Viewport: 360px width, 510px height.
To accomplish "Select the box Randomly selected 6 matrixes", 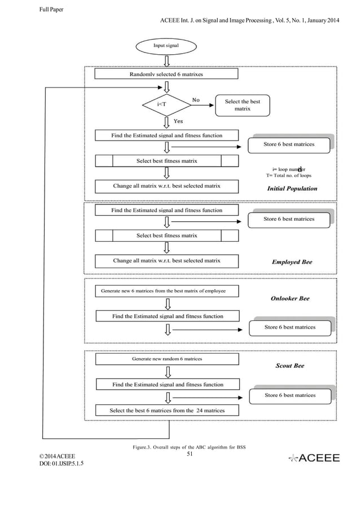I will pos(166,74).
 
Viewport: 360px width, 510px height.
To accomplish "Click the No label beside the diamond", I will pos(195,100).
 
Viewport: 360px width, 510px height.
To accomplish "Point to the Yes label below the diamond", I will pos(178,121).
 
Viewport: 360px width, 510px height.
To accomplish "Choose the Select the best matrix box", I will pos(242,105).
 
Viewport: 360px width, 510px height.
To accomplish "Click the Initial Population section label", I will pos(292,189).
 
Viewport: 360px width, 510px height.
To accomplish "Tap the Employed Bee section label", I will pos(292,262).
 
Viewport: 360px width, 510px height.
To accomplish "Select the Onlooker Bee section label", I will pos(290,298).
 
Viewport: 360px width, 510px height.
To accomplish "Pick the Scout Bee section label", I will pos(289,365).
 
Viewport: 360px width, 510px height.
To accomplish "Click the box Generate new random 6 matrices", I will pos(167,359).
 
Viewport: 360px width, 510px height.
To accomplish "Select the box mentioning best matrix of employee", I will pos(167,291).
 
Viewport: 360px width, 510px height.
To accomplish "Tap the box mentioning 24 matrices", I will pos(167,411).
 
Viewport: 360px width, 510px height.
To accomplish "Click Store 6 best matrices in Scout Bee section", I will pos(290,395).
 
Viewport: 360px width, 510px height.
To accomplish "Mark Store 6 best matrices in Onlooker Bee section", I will pos(290,327).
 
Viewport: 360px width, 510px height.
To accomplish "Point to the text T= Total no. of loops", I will pos(288,176).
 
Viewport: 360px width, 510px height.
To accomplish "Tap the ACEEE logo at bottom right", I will pos(314,458).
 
